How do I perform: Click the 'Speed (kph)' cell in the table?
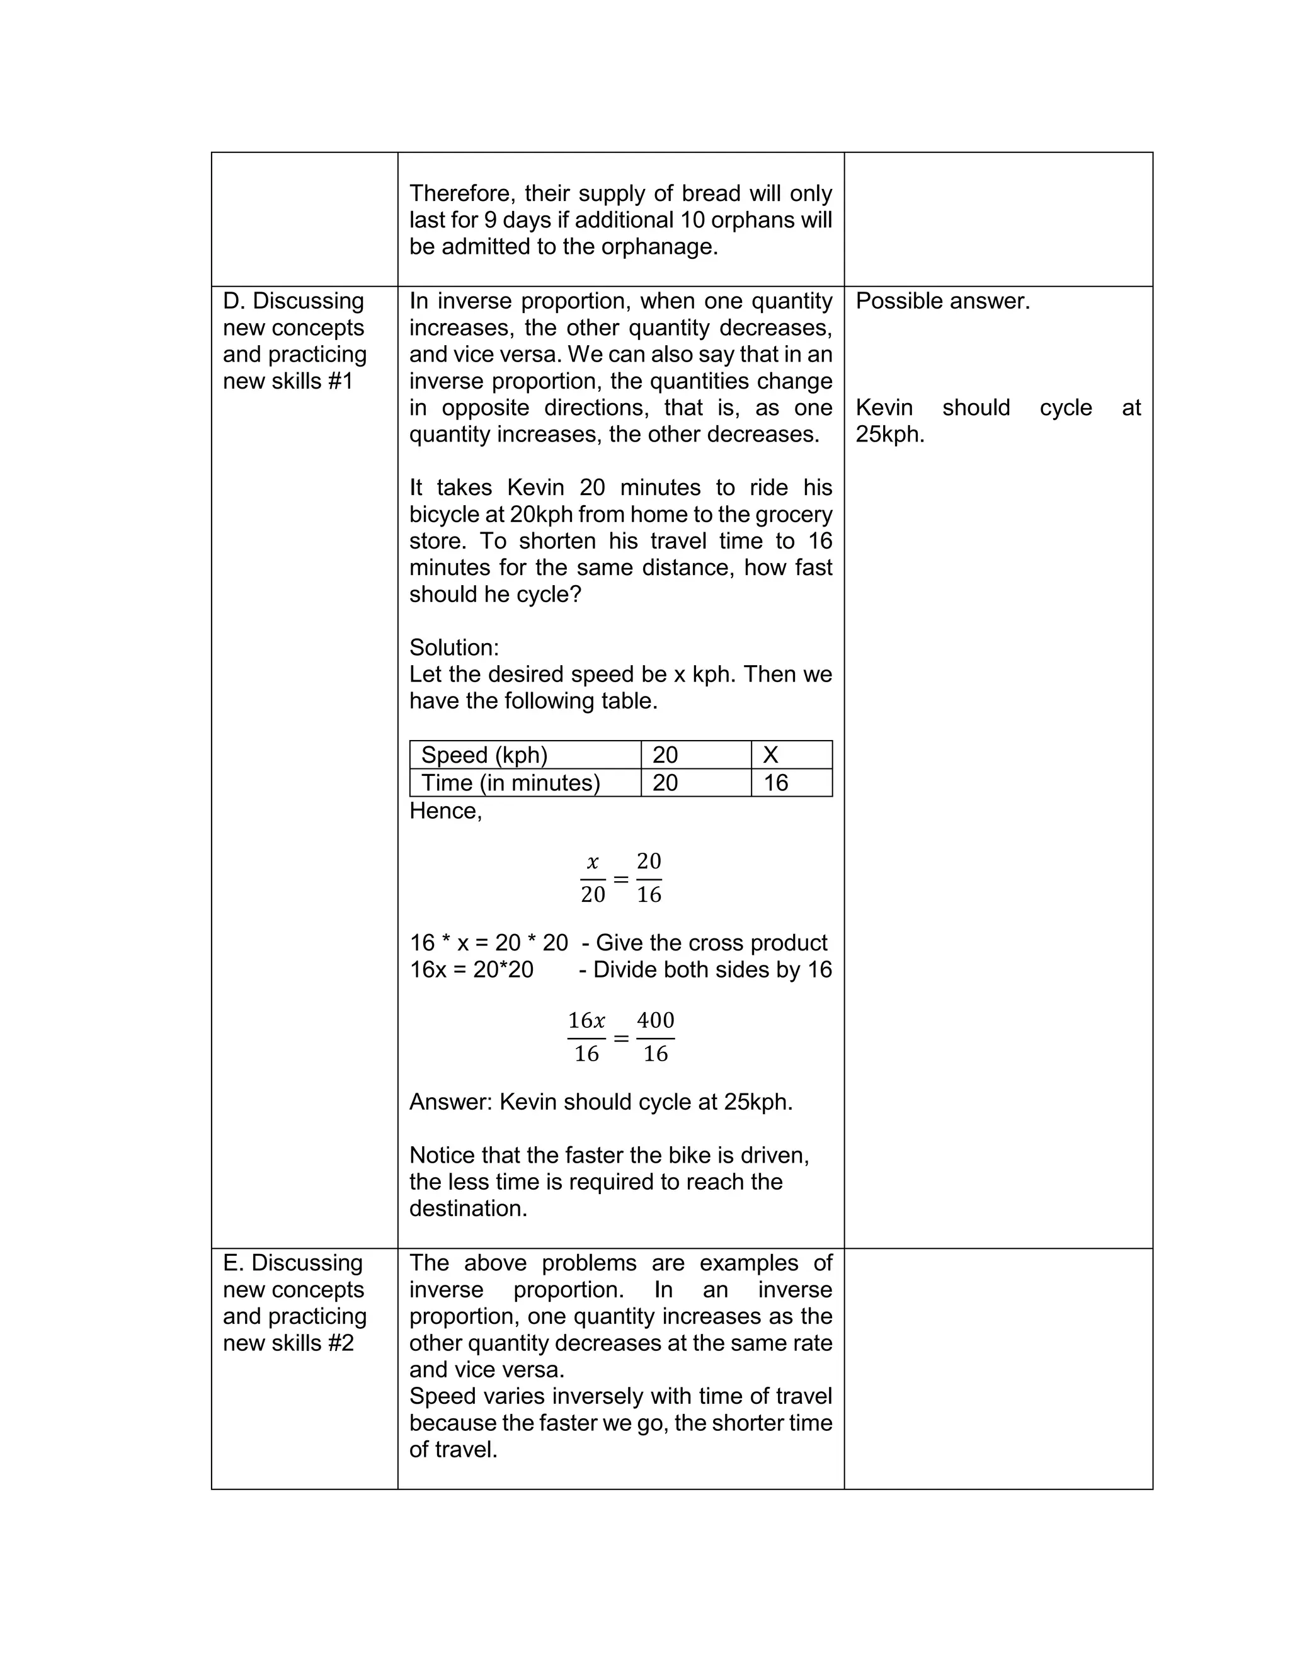(x=484, y=755)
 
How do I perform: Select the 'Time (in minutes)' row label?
(x=510, y=782)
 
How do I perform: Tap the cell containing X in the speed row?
(x=770, y=755)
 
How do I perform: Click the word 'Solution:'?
(x=454, y=647)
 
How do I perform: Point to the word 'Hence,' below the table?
(x=445, y=811)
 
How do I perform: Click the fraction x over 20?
(x=592, y=878)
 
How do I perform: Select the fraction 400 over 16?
(x=655, y=1037)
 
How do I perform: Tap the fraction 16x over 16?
(x=586, y=1037)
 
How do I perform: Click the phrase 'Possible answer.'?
(x=942, y=301)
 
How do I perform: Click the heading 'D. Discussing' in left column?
(x=294, y=301)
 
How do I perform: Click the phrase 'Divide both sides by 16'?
(x=712, y=970)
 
